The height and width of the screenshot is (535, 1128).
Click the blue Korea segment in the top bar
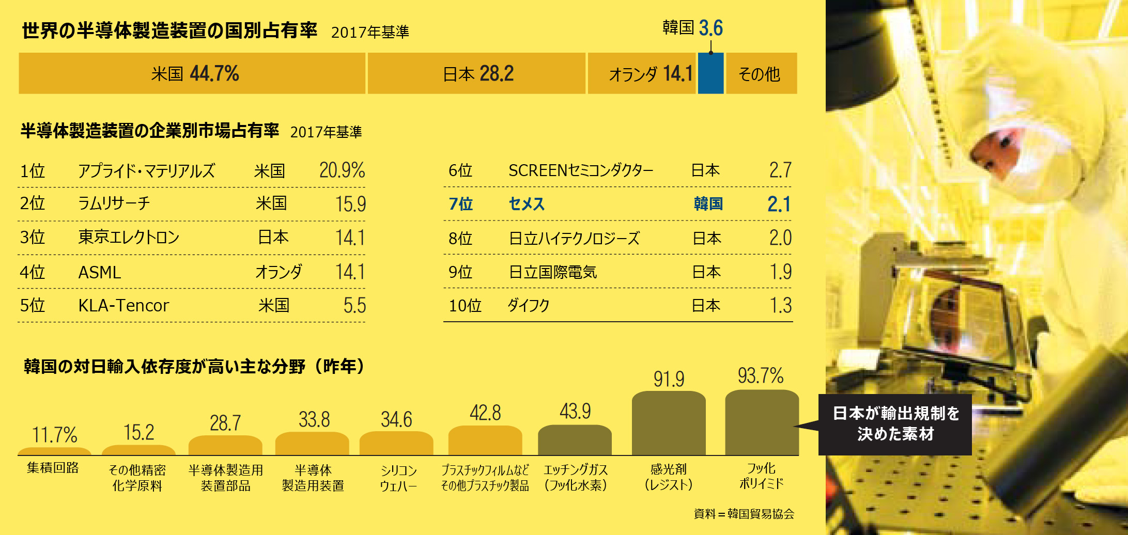coord(710,73)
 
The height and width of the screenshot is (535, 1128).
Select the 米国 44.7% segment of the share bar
coord(192,73)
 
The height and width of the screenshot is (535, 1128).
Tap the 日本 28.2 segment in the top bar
coord(476,73)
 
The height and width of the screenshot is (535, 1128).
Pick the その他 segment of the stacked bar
coord(761,73)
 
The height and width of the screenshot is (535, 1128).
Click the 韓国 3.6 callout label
coord(692,28)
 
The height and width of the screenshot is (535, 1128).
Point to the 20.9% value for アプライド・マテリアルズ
coord(342,170)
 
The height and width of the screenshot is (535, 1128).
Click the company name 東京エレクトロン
coord(129,237)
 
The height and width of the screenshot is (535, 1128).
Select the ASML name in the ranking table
coord(100,272)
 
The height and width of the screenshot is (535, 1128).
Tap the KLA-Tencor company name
coord(123,306)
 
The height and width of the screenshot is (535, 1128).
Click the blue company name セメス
coord(527,204)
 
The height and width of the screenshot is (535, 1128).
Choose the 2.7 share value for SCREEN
coord(780,170)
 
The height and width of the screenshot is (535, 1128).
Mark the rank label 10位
coord(465,306)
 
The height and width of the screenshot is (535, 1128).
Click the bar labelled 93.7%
coord(762,422)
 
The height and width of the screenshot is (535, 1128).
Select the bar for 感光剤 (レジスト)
coord(669,423)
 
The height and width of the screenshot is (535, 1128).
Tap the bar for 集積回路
coord(54,451)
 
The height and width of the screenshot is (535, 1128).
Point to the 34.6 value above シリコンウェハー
coord(396,420)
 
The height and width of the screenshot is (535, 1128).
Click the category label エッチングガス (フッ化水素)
coord(576,477)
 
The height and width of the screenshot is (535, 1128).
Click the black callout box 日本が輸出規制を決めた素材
coord(895,424)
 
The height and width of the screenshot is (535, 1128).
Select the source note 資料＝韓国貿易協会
coord(744,514)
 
